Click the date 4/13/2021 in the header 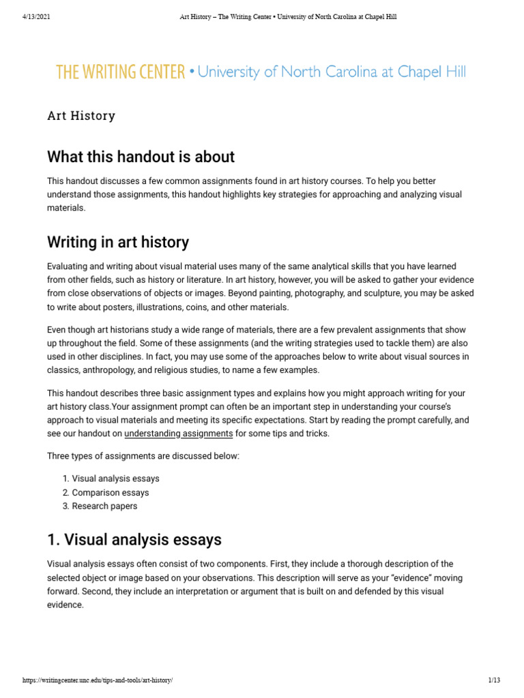pos(36,17)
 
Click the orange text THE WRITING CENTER pos(120,72)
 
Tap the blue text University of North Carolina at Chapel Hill pos(332,72)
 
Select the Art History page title pos(81,116)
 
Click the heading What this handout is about pos(141,157)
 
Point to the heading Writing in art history pos(118,242)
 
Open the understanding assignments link pos(179,434)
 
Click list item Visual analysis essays pos(115,479)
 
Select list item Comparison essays pos(110,492)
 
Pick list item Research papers pos(104,506)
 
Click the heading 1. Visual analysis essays pos(134,540)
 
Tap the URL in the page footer pos(98,681)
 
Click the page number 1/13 pos(495,681)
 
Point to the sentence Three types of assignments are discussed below pos(143,455)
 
